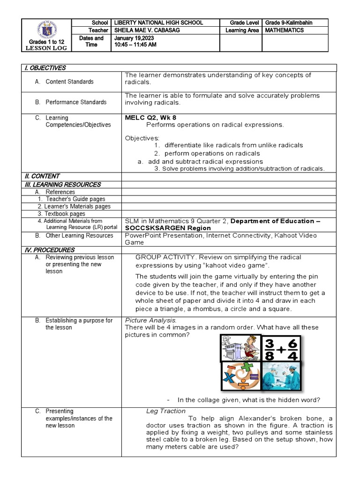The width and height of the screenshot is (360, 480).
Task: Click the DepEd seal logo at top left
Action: tap(45, 30)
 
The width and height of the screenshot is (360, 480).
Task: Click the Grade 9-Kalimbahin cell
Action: tap(289, 22)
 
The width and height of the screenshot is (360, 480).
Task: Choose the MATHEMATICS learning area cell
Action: tap(285, 30)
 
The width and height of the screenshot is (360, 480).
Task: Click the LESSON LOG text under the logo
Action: tap(46, 48)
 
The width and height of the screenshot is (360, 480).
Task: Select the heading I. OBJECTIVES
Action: tap(45, 68)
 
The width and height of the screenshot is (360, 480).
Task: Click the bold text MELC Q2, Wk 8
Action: tap(150, 117)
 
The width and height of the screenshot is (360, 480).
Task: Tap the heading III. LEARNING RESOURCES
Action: tap(62, 184)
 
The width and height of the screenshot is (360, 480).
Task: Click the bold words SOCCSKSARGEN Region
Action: tap(168, 228)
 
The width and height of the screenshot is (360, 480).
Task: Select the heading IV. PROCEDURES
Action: tap(49, 250)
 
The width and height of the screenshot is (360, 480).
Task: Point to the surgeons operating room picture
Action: tap(281, 376)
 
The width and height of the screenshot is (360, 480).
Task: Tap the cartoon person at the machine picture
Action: tap(240, 349)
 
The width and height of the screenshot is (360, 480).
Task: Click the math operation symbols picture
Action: tap(240, 376)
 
